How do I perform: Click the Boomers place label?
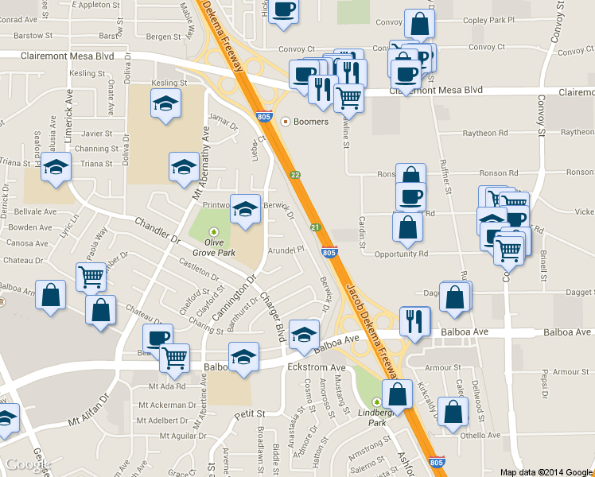pos(309,122)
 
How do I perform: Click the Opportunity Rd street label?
pos(401,254)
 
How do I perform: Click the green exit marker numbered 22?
pos(294,175)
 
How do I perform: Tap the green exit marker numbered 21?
pos(315,227)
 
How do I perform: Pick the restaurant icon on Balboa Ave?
pos(414,321)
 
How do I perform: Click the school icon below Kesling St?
pos(165,103)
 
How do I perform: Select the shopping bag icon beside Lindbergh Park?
pos(396,393)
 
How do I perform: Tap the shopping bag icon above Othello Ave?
pos(453,412)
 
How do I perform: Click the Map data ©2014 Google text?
pos(546,471)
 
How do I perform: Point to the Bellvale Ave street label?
pos(33,212)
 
